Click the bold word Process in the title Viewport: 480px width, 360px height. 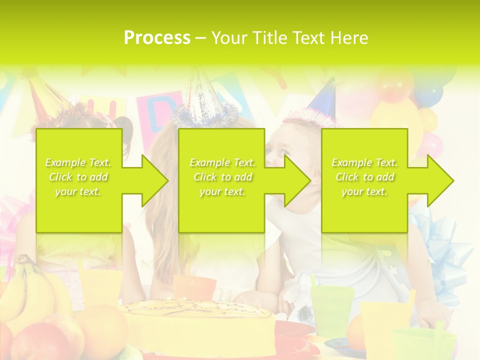157,37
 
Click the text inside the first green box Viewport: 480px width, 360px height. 78,177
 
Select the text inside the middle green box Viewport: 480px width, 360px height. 222,177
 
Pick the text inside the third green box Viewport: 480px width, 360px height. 364,177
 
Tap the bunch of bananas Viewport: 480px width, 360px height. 30,290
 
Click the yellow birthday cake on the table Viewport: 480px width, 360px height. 200,325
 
